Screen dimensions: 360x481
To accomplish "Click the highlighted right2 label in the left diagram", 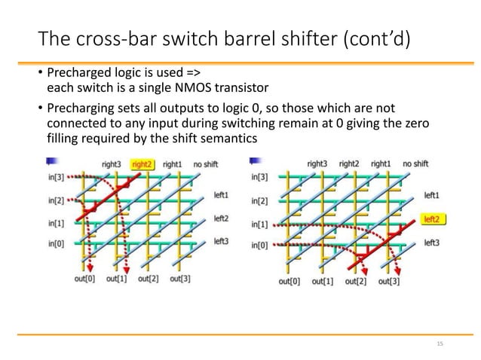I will (x=141, y=163).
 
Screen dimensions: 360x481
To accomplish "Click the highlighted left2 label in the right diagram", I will (x=430, y=219).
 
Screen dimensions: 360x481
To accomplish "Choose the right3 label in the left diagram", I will (x=110, y=163).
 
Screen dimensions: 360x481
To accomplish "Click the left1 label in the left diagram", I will (x=221, y=194).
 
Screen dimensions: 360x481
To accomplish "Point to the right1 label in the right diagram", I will (x=381, y=163).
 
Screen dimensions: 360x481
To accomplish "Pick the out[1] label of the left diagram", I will (x=118, y=279).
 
